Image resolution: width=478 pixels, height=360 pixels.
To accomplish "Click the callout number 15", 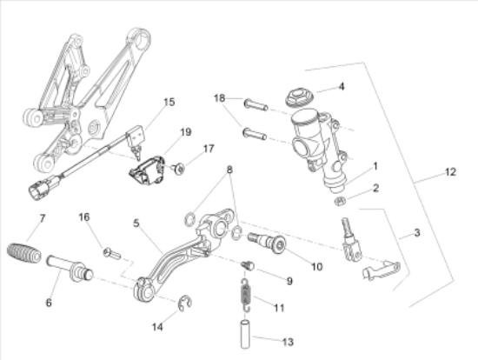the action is point(169,102).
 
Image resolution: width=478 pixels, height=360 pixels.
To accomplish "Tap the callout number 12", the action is point(450,172).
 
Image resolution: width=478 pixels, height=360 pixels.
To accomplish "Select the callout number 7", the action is point(43,218).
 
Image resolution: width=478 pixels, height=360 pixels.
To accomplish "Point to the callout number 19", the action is point(186,132).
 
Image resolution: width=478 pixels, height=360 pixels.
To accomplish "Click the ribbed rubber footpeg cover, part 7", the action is point(23,253).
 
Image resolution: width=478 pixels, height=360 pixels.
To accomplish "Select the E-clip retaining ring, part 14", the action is point(185,303).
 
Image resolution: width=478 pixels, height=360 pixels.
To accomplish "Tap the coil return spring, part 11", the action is point(246,296).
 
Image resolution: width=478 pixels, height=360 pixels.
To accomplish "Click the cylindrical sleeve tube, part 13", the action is point(246,334).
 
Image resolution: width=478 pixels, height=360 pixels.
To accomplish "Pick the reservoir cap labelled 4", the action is point(298,97).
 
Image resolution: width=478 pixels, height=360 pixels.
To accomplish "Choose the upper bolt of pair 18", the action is point(256,104).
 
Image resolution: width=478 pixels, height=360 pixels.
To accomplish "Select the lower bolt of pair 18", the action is point(255,134).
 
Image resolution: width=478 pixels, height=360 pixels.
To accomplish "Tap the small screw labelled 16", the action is point(112,253).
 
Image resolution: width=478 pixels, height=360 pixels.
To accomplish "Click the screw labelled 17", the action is point(178,169).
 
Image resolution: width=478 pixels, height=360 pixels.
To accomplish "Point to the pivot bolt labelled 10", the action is point(268,243).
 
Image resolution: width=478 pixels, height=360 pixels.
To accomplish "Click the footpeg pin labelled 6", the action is point(70,269).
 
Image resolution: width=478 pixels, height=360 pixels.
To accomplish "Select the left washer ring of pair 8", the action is point(190,219).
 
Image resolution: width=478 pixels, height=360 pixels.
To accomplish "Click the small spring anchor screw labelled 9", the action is point(248,265).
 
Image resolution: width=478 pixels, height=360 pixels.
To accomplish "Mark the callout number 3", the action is point(417,233).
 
